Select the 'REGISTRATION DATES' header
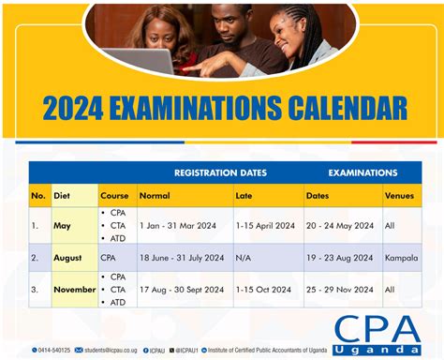tap(220, 172)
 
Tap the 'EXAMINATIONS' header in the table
tap(362, 172)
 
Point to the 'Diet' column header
tap(62, 196)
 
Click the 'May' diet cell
tap(62, 226)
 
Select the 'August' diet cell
tap(67, 257)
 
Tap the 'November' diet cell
tap(75, 290)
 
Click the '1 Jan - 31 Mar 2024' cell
tap(178, 226)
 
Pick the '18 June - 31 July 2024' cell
tap(182, 257)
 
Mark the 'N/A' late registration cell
tap(244, 257)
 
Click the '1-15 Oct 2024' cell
tap(264, 290)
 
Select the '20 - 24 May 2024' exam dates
tap(339, 226)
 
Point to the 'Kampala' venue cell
tap(401, 257)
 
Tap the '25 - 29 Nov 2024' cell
tap(339, 290)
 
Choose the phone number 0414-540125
tap(53, 350)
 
